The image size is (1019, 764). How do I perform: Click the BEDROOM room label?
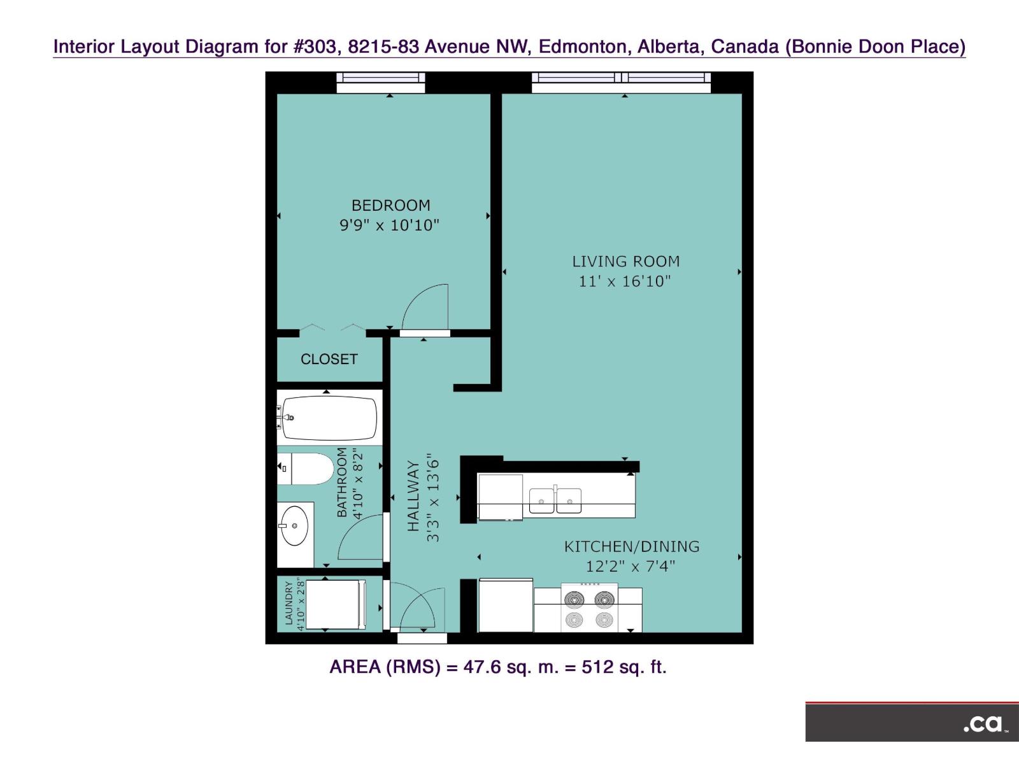pyautogui.click(x=390, y=205)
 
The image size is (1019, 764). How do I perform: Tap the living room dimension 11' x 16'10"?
pyautogui.click(x=624, y=281)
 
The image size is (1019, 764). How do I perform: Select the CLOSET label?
pyautogui.click(x=329, y=359)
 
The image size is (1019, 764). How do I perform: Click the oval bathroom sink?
pyautogui.click(x=295, y=526)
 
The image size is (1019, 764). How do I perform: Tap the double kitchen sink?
pyautogui.click(x=555, y=500)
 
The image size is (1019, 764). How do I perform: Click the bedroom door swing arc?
pyautogui.click(x=425, y=307)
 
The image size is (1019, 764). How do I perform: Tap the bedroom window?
pyautogui.click(x=380, y=78)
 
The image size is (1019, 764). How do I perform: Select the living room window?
pyautogui.click(x=621, y=78)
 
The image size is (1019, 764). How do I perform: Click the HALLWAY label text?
pyautogui.click(x=413, y=497)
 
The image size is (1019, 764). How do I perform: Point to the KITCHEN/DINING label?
pyautogui.click(x=631, y=546)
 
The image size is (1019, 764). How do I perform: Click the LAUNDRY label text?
pyautogui.click(x=289, y=603)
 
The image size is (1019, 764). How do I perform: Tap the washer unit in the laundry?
pyautogui.click(x=334, y=604)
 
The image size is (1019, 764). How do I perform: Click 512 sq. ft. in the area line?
pyautogui.click(x=624, y=667)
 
